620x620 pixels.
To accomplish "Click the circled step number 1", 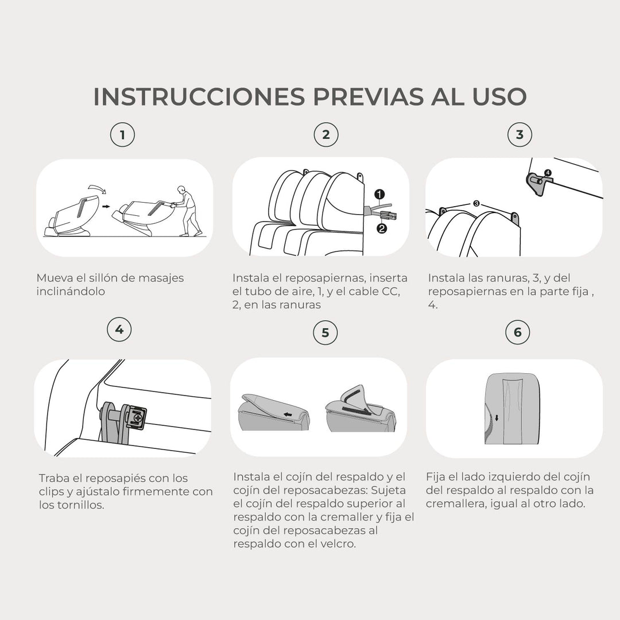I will point(122,135).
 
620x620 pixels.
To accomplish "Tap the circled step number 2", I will point(326,135).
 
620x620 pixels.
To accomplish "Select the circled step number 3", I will point(520,135).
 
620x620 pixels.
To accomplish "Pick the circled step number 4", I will point(119,330).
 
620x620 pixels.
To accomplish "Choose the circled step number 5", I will point(325,333).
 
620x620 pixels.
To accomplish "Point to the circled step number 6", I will point(518,332).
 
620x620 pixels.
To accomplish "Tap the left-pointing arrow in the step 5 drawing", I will point(287,412).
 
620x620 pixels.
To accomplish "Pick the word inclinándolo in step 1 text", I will point(71,291).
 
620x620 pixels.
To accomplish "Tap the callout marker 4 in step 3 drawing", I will point(548,172).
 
